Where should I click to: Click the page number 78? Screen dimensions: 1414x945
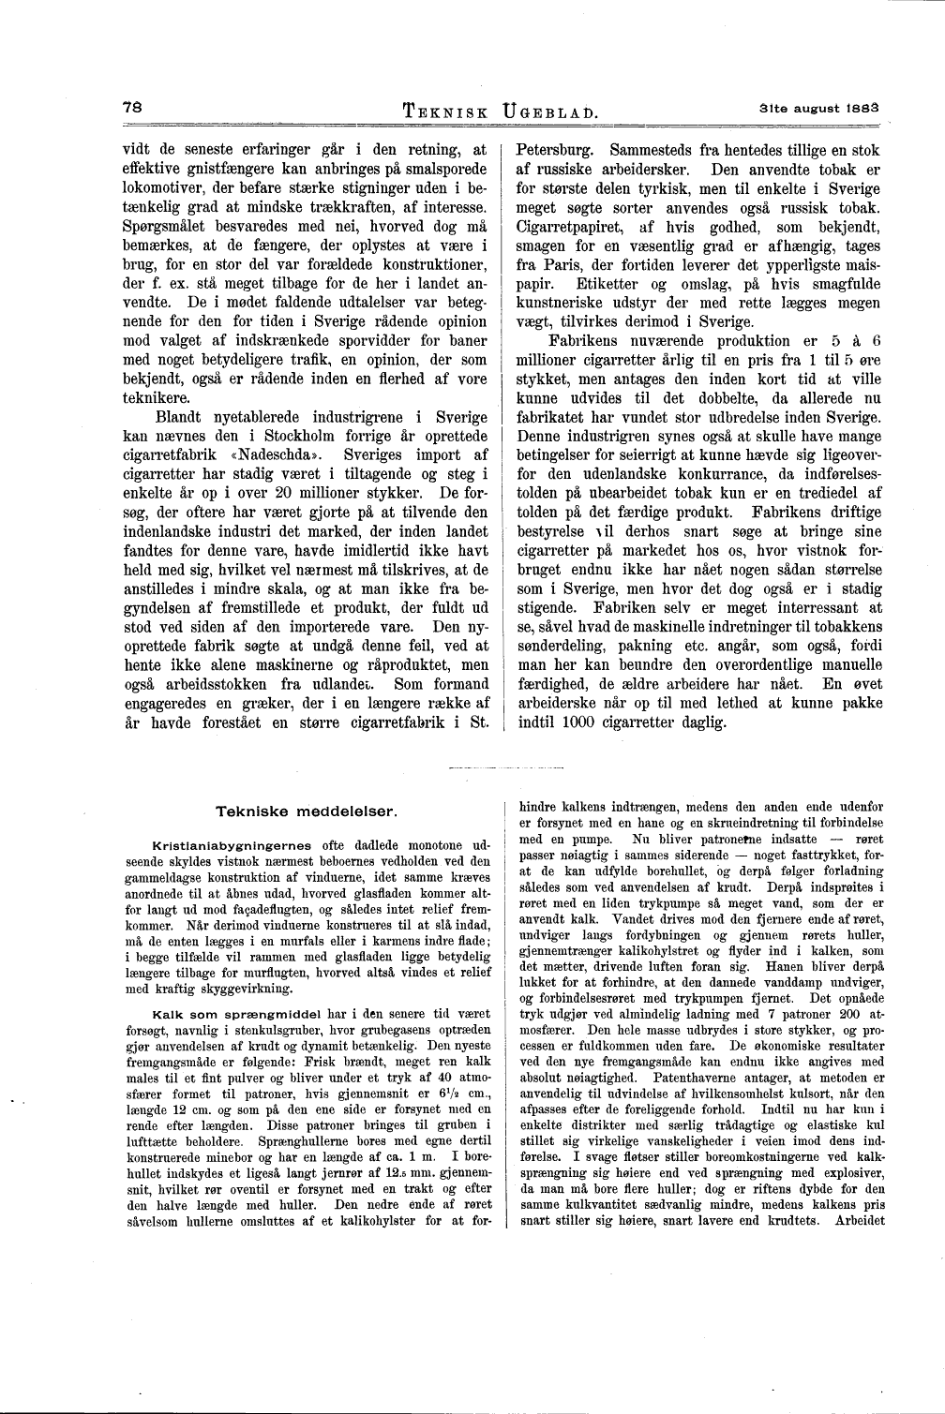[x=132, y=107]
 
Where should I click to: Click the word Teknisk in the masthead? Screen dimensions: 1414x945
[x=443, y=112]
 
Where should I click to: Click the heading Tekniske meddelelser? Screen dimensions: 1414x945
[x=307, y=809]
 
